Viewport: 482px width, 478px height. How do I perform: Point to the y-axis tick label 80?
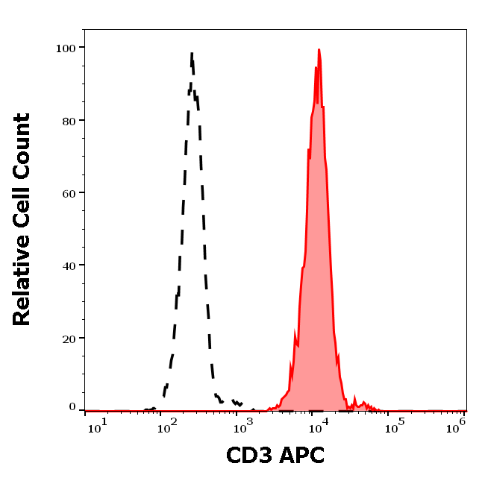point(68,120)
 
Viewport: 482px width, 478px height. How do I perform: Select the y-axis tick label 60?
point(68,193)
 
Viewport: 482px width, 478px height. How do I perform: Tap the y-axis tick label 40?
point(68,265)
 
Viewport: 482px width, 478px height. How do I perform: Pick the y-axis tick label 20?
point(68,339)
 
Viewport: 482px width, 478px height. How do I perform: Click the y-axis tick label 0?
point(72,407)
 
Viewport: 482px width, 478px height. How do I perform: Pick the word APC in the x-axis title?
point(303,454)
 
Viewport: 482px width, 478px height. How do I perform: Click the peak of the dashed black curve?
point(192,54)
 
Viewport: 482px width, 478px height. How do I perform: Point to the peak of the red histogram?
point(319,50)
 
